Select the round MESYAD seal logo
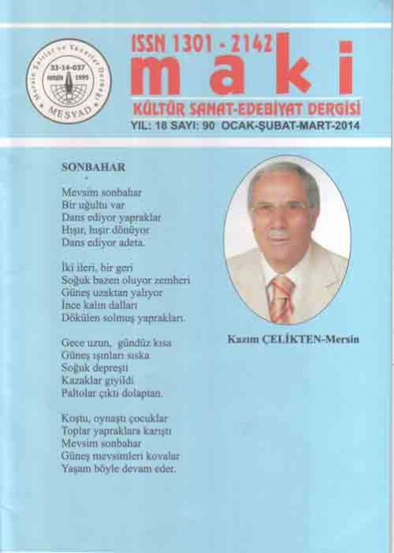[x=68, y=81]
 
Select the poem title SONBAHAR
[x=93, y=167]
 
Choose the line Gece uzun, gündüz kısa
[x=116, y=344]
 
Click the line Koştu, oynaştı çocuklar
[x=114, y=418]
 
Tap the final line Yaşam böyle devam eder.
[x=118, y=468]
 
